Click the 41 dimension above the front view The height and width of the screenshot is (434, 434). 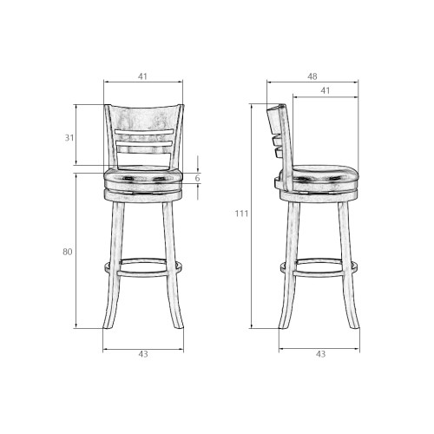click(x=142, y=76)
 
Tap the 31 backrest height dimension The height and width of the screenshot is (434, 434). click(x=69, y=138)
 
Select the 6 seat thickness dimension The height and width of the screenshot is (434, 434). click(x=197, y=178)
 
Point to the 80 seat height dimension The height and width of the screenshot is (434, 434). click(x=68, y=252)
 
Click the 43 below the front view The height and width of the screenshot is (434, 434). click(x=143, y=354)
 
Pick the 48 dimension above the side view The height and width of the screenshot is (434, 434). click(x=312, y=76)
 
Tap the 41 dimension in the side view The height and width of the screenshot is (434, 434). click(x=325, y=91)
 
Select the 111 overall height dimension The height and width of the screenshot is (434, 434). click(x=241, y=214)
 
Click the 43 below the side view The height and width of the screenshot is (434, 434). click(x=320, y=354)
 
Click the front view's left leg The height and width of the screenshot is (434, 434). click(x=114, y=265)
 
